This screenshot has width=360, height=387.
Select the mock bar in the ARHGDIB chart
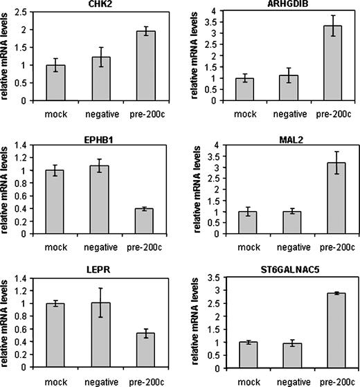pyautogui.click(x=244, y=89)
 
